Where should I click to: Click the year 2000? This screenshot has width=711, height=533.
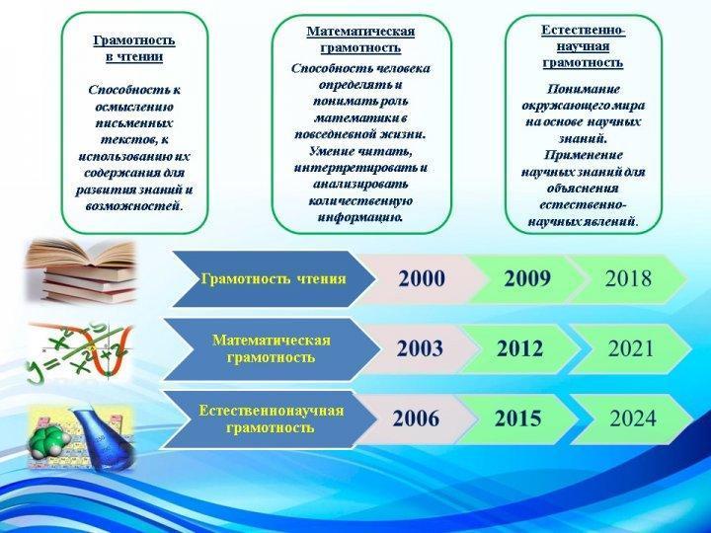click(x=422, y=278)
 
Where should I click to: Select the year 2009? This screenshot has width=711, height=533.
click(x=527, y=278)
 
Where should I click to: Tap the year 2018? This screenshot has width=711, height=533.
click(x=628, y=278)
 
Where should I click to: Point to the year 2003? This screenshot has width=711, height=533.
click(x=420, y=348)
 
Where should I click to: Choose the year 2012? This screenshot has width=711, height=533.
click(x=519, y=348)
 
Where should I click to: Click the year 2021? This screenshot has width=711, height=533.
click(x=631, y=348)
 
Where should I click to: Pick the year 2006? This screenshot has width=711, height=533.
click(x=416, y=419)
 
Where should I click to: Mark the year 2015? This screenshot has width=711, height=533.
click(x=517, y=419)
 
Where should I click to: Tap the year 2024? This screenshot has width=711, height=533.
click(x=633, y=419)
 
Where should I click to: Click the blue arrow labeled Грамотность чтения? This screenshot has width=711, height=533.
click(x=273, y=278)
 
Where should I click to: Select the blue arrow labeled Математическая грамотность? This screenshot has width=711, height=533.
click(x=272, y=349)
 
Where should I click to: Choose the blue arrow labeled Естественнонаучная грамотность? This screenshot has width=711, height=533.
click(x=270, y=419)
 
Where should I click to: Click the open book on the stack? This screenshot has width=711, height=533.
click(x=82, y=254)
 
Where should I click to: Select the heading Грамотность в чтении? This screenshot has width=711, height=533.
click(x=134, y=48)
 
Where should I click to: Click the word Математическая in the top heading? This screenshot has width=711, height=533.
click(x=361, y=32)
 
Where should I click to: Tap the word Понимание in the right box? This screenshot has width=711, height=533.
click(x=584, y=89)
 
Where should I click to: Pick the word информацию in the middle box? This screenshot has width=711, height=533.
click(x=361, y=217)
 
